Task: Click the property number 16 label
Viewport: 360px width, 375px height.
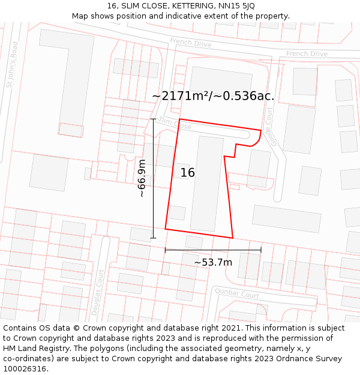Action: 188,173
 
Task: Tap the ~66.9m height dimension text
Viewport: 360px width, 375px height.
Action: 142,178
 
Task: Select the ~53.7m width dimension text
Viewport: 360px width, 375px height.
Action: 213,262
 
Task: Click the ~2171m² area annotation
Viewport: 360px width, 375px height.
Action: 213,96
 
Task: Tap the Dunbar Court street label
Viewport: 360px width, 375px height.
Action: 237,295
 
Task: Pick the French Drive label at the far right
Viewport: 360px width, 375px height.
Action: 307,54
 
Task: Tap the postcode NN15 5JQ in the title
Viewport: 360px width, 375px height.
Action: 238,6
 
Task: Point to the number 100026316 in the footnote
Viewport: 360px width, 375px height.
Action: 25,368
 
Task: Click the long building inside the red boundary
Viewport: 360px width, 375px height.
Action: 207,184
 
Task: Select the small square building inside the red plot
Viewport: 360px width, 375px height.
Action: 177,212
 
